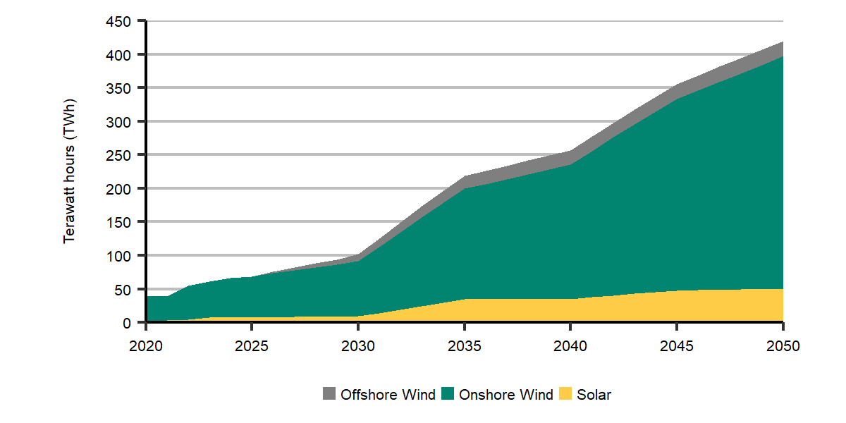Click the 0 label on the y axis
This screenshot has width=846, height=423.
click(x=127, y=322)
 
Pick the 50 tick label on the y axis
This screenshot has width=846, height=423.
click(x=124, y=289)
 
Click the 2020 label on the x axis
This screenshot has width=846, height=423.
click(x=146, y=347)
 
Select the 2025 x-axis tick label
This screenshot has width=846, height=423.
click(x=252, y=347)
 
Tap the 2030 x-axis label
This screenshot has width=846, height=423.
click(x=358, y=347)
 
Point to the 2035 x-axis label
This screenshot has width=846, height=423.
click(x=465, y=347)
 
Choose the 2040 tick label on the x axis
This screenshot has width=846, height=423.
click(x=570, y=347)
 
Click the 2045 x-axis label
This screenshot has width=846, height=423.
click(x=677, y=347)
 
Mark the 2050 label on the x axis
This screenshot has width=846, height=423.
click(x=783, y=347)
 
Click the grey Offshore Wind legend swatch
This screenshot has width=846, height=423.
click(x=329, y=395)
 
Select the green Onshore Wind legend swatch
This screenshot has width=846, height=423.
click(x=448, y=395)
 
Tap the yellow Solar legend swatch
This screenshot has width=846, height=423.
click(x=565, y=395)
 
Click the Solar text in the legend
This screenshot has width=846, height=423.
click(x=594, y=395)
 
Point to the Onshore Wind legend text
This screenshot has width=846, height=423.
click(x=505, y=395)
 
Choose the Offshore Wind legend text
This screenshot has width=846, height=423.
click(x=388, y=395)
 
